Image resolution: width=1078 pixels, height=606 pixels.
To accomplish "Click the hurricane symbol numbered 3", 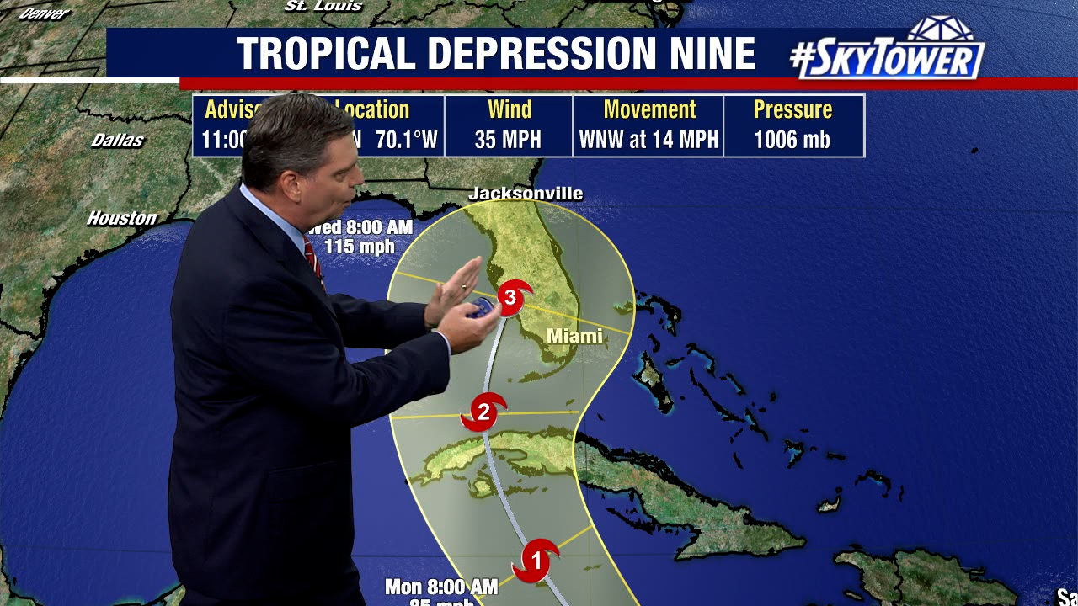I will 510,296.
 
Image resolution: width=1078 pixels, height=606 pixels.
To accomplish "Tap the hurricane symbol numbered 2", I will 483,412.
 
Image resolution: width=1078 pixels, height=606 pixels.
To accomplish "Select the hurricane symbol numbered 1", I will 535,560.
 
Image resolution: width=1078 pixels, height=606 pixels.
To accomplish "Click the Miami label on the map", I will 575,336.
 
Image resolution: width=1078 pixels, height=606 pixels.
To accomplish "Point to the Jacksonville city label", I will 526,194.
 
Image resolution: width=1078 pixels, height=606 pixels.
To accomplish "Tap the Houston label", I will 122,218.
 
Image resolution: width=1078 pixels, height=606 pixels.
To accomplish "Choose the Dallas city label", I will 118,140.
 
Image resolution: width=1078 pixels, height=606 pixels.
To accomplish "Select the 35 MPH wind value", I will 508,139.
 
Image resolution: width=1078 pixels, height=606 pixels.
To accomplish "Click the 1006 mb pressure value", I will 792,139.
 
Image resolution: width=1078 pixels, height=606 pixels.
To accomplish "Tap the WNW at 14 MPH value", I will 648,139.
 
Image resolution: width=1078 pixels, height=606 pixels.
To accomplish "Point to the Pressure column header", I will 792,109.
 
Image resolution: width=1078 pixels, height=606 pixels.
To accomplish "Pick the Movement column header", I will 649,109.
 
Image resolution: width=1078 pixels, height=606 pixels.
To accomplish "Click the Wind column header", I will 509,109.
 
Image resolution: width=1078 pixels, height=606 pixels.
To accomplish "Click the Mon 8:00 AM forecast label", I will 440,586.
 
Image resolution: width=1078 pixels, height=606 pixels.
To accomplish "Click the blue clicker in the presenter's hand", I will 481,306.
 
